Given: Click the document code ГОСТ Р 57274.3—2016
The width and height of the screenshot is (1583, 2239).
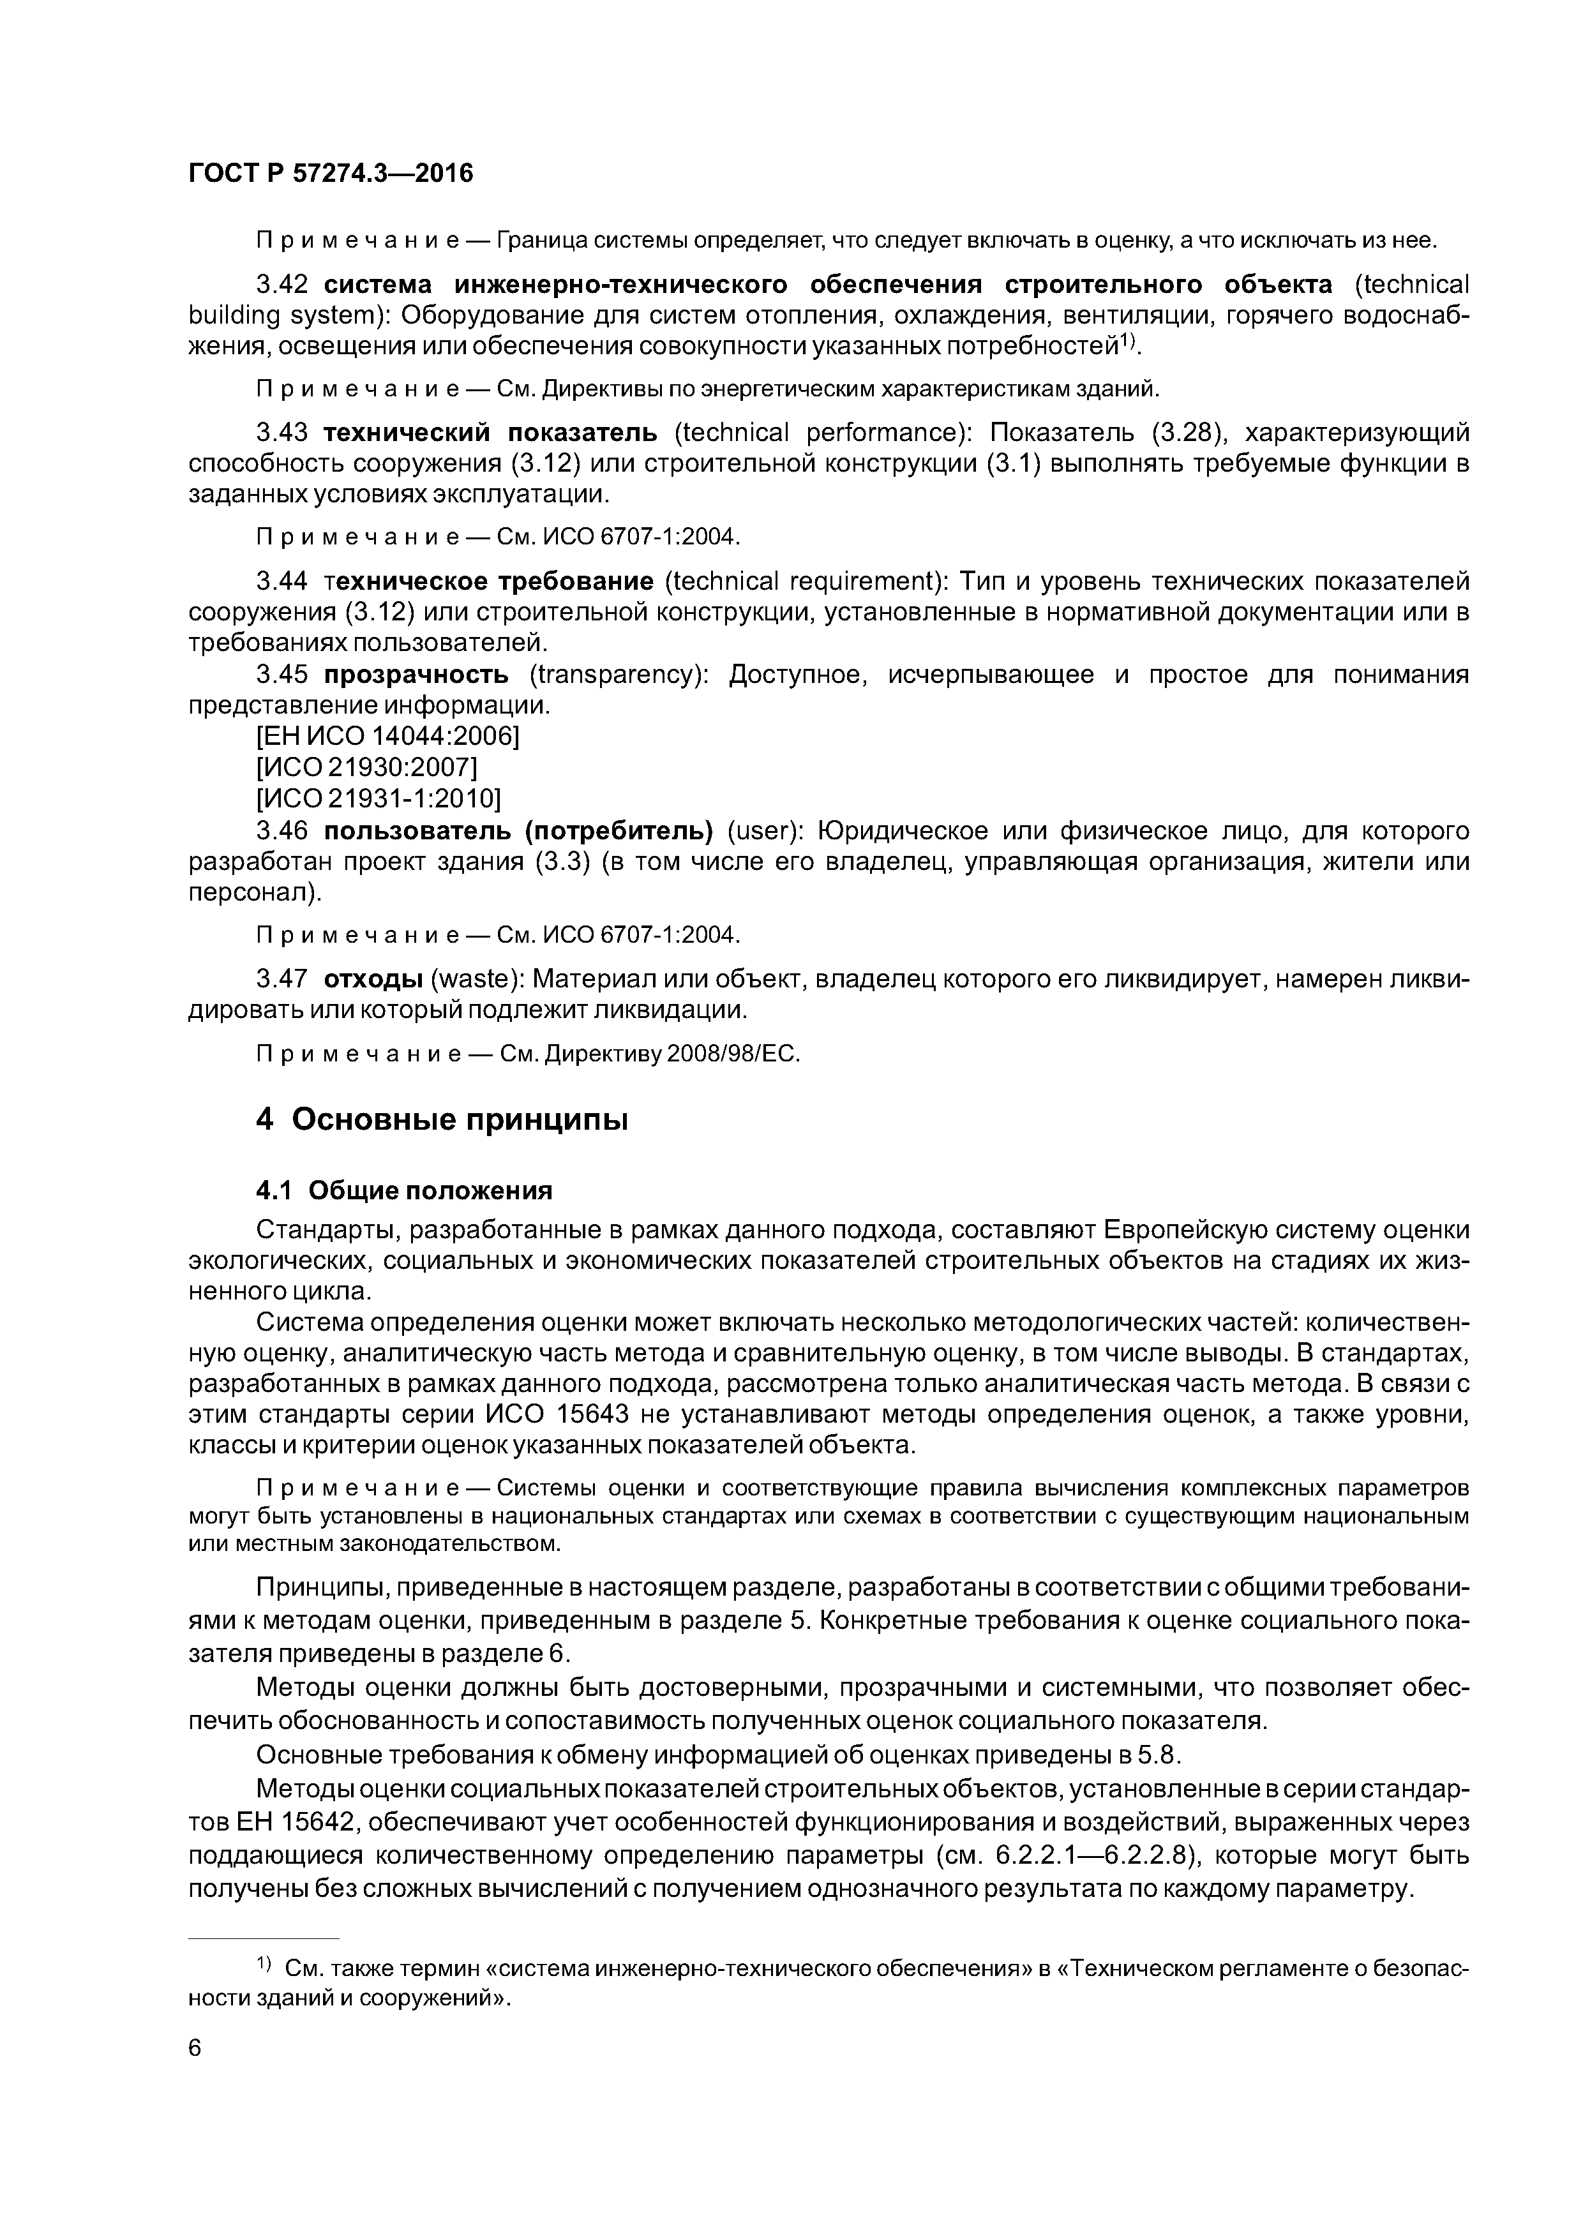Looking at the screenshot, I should click(x=329, y=174).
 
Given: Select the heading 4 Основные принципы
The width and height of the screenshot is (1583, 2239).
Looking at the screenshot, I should click(x=441, y=1119).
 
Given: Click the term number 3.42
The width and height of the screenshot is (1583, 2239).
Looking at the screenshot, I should click(x=282, y=285).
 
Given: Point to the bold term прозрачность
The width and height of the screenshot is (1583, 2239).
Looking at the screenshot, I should click(x=416, y=674).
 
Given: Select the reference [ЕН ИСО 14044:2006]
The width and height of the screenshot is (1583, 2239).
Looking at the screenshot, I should click(x=387, y=737).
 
